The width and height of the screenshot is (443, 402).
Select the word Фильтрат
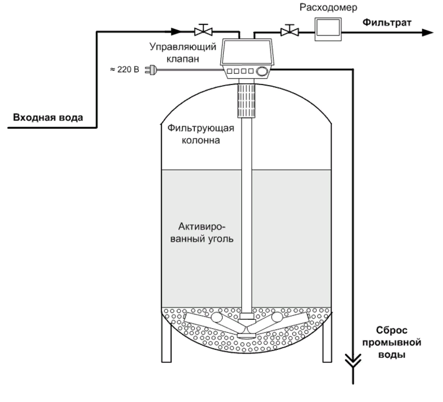[x=387, y=24]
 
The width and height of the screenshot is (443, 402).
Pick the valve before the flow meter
[x=288, y=30]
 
